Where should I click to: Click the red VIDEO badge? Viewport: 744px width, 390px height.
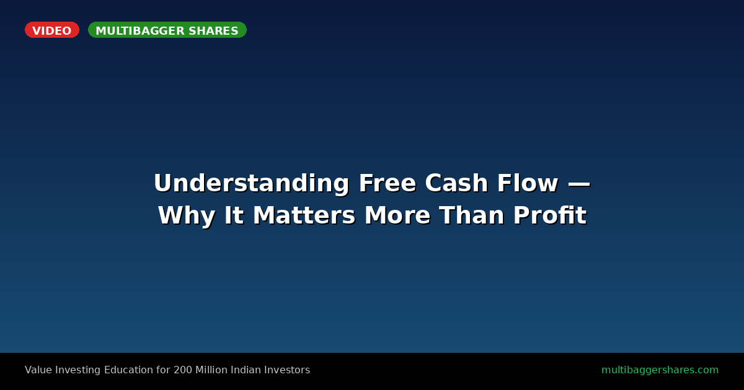(x=52, y=30)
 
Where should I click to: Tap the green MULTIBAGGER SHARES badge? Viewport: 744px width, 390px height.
(x=167, y=30)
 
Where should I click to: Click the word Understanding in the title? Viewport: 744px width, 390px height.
(x=252, y=183)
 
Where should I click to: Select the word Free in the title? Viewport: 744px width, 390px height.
(x=387, y=183)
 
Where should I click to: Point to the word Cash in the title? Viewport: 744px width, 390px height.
(x=456, y=183)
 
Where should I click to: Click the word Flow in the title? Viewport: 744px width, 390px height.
(x=528, y=183)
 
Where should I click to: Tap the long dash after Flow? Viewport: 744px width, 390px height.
(x=579, y=184)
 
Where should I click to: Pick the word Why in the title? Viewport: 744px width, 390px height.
(x=187, y=216)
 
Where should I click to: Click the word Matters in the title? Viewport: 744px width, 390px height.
(x=304, y=215)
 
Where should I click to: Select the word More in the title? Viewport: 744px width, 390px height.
(x=397, y=215)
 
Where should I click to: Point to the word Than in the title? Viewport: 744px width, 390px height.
(x=472, y=215)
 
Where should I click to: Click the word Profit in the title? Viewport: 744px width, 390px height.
(x=550, y=215)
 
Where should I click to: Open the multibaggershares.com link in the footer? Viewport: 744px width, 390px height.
(x=660, y=370)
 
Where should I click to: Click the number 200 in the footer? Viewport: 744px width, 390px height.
(x=183, y=370)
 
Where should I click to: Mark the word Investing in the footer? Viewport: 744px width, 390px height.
(x=77, y=370)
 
